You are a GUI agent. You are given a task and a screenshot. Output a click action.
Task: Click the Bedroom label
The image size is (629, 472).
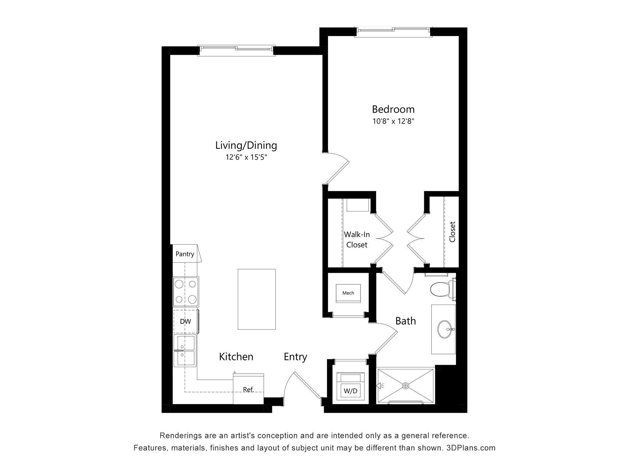click(393, 109)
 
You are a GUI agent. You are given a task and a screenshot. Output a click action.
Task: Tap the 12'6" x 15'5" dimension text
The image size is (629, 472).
click(246, 157)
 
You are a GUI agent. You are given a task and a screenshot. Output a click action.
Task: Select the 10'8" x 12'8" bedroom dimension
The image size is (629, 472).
click(393, 121)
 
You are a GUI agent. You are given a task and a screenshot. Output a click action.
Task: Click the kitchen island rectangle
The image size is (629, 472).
click(257, 299)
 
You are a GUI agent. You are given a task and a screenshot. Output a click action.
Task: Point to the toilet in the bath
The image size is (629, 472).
click(439, 290)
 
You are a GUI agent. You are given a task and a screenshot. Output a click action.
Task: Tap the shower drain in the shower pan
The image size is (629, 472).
click(406, 386)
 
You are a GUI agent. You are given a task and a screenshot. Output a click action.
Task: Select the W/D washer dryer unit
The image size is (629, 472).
click(350, 387)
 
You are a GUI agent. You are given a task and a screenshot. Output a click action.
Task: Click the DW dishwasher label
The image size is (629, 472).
click(185, 322)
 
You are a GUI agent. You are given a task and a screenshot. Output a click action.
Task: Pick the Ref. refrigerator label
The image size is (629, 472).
click(248, 389)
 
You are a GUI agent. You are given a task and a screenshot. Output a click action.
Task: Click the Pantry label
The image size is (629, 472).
click(185, 254)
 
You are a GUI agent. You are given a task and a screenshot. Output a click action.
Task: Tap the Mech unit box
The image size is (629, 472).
click(348, 293)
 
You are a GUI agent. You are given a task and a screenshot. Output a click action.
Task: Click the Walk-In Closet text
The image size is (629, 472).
click(357, 240)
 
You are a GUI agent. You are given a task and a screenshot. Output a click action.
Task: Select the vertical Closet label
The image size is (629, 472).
click(452, 232)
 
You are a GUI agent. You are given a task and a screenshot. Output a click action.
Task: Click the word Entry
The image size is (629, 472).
click(295, 357)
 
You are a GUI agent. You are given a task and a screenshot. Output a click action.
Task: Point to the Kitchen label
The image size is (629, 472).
click(236, 357)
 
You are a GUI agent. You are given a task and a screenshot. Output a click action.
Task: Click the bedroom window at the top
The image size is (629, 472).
click(393, 30)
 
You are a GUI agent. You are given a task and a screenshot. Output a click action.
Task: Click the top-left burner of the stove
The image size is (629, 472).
click(179, 284)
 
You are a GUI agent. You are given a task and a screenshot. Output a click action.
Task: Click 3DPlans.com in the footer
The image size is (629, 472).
click(471, 448)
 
